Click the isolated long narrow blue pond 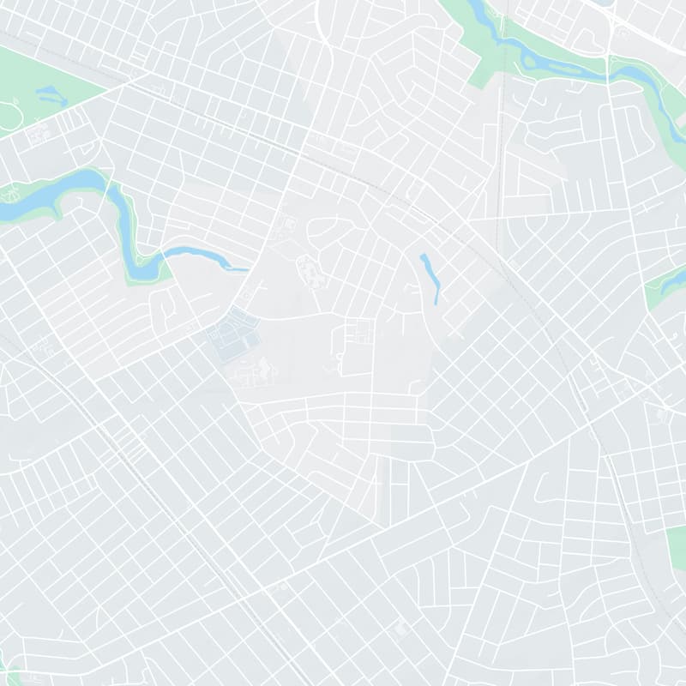click(x=430, y=277)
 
